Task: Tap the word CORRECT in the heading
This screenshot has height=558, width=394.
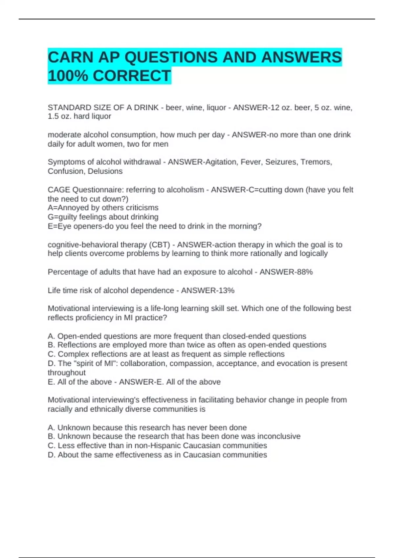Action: [x=132, y=76]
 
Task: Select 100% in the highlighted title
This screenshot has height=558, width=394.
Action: [x=68, y=76]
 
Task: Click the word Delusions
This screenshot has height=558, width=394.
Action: [x=105, y=171]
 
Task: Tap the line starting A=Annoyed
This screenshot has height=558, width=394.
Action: [x=103, y=208]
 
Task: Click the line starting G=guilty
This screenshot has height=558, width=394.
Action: [x=103, y=217]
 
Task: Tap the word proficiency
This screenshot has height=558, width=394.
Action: [x=98, y=318]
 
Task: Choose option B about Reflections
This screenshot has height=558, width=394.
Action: [x=187, y=345]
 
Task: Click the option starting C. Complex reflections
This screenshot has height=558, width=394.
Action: [x=166, y=354]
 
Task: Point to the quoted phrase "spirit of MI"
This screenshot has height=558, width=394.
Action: [x=94, y=363]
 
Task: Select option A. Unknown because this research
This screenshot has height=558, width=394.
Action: [x=147, y=427]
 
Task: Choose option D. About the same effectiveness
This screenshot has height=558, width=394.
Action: [x=157, y=455]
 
